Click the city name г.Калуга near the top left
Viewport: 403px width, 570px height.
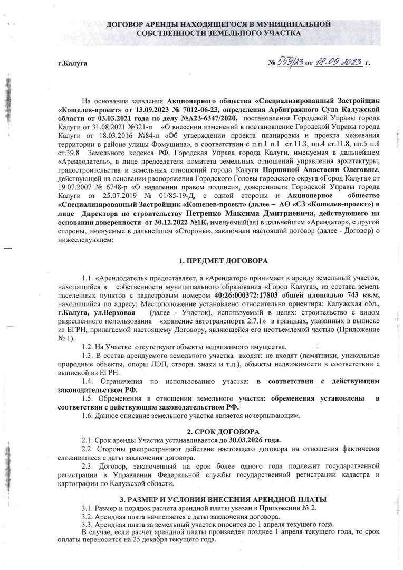pyautogui.click(x=72, y=64)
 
